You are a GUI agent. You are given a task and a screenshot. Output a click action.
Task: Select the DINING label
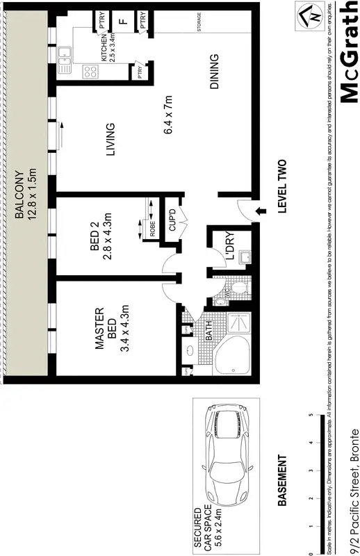(x=214, y=72)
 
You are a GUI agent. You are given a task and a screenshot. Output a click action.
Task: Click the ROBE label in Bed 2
(x=152, y=228)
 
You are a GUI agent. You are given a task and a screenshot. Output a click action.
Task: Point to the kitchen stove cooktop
(x=90, y=69)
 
